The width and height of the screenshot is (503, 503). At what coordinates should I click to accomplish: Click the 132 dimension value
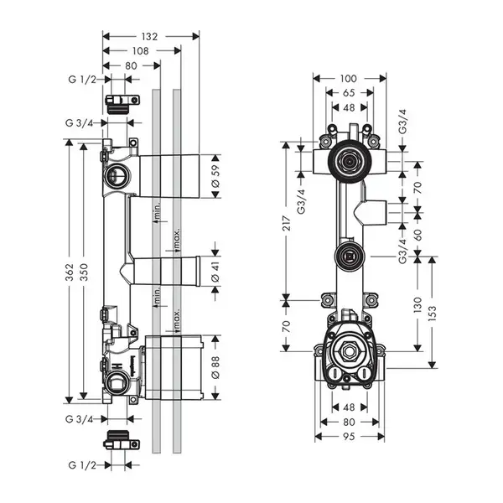point(149,37)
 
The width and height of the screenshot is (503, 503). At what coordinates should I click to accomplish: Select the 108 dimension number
point(141,51)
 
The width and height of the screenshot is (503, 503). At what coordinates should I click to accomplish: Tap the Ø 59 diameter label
point(216,176)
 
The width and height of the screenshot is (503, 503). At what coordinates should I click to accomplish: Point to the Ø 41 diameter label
point(216,272)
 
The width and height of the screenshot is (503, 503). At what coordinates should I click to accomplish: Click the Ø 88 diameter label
point(216,367)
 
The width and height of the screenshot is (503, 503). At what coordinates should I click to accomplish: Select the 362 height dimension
point(70,272)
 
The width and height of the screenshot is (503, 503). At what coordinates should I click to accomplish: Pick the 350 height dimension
point(84,272)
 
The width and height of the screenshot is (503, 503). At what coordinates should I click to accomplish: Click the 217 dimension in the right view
point(287,224)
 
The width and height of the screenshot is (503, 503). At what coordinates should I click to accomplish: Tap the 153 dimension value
point(433,313)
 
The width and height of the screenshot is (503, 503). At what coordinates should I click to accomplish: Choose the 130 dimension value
point(417,305)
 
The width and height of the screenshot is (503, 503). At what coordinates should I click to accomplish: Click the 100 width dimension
point(349,79)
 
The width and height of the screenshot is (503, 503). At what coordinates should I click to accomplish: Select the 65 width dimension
point(349,93)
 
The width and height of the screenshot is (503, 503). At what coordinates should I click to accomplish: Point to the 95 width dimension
point(349,436)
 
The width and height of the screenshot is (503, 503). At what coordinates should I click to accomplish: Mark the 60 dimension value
point(417,235)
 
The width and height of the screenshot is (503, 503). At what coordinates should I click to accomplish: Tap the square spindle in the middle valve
point(349,257)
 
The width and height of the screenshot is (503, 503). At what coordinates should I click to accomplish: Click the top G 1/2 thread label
point(82,80)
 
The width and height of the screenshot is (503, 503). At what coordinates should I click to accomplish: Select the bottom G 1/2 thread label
point(82,464)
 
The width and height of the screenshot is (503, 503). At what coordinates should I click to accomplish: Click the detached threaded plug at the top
point(122,104)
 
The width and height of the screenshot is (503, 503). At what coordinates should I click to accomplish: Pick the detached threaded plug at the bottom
point(122,440)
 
